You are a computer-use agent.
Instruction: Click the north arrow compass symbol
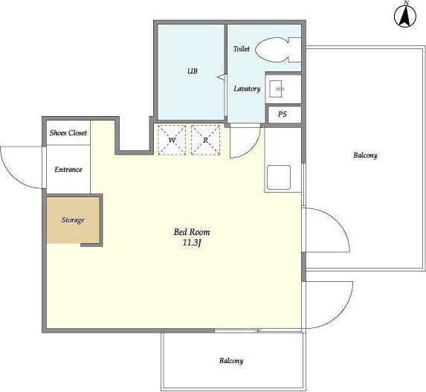point(405,16)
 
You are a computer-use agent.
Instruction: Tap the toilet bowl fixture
point(278,50)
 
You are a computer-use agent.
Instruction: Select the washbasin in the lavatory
point(277,89)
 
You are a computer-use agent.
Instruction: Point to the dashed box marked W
point(172,140)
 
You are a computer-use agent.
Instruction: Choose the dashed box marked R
point(205,140)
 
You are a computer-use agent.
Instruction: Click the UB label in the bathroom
point(193,71)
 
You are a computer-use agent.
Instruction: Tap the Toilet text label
point(242,49)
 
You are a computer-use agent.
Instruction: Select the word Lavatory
point(247,89)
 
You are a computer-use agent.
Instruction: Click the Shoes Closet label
point(68,133)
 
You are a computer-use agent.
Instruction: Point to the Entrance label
point(68,170)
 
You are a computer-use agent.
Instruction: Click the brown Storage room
point(73,219)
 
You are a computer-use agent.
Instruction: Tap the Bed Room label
point(192,232)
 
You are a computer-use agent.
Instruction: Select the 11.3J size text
point(192,242)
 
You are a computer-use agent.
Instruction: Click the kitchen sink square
point(279,178)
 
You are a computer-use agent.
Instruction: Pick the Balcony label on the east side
point(365,155)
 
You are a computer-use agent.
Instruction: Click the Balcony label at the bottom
point(231,361)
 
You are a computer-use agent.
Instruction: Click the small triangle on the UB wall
point(222,77)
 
